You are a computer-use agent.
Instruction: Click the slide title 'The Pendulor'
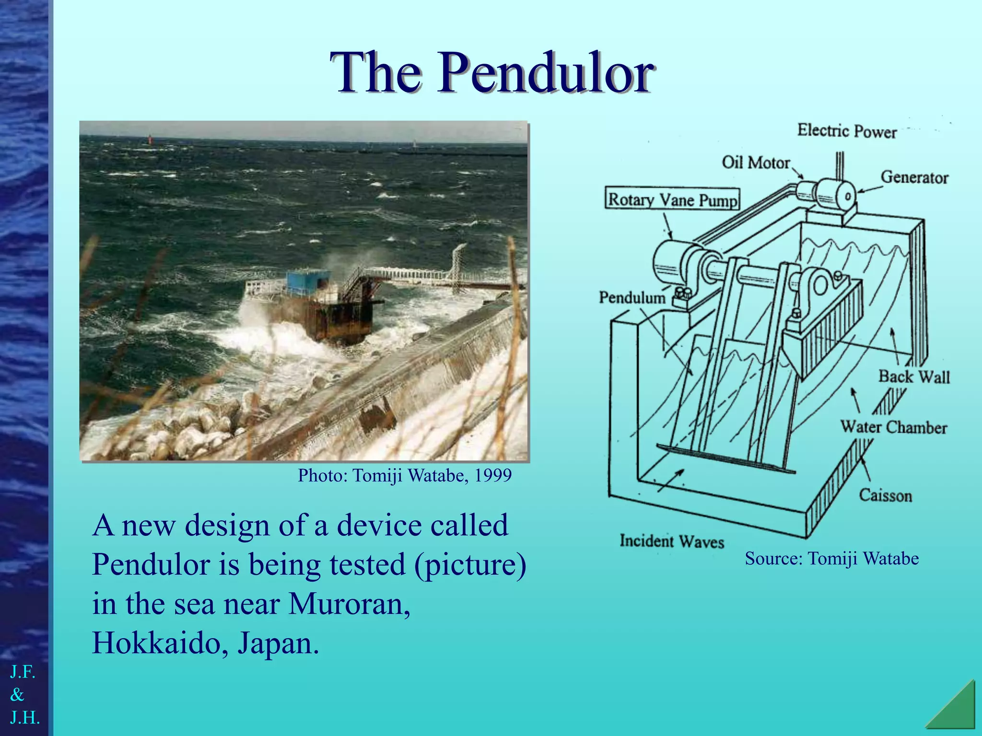pyautogui.click(x=491, y=73)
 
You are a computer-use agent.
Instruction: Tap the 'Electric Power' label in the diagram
pyautogui.click(x=847, y=131)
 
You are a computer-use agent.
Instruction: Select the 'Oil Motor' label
pyautogui.click(x=756, y=162)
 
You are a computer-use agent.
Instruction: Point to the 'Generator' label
pyautogui.click(x=914, y=177)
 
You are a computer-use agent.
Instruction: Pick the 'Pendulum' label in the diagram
pyautogui.click(x=632, y=298)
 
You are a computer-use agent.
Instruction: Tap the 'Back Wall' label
pyautogui.click(x=913, y=377)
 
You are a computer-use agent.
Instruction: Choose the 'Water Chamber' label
pyautogui.click(x=894, y=427)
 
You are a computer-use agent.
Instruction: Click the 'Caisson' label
pyautogui.click(x=885, y=495)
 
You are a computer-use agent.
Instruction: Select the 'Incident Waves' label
pyautogui.click(x=671, y=541)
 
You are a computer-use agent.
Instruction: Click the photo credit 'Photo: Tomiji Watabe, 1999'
pyautogui.click(x=405, y=475)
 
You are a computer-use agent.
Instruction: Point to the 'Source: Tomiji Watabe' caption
pyautogui.click(x=831, y=558)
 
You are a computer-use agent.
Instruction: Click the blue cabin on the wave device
pyautogui.click(x=308, y=283)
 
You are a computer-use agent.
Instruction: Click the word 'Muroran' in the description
pyautogui.click(x=349, y=604)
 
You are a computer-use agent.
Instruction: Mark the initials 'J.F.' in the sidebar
pyautogui.click(x=23, y=672)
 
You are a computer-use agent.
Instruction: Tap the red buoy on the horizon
pyautogui.click(x=150, y=139)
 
